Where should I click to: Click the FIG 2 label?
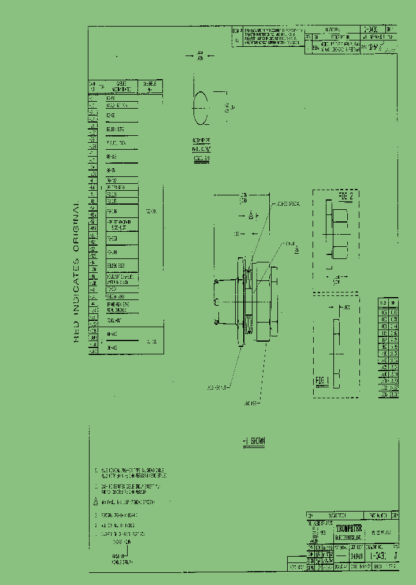(x=346, y=197)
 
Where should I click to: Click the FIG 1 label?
(x=322, y=380)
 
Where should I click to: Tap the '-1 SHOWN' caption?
(x=254, y=440)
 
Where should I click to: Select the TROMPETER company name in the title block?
(x=349, y=527)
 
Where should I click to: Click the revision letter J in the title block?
(x=395, y=556)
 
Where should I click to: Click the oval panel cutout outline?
(x=200, y=108)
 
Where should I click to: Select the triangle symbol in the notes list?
(x=97, y=502)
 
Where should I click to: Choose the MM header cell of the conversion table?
(x=393, y=302)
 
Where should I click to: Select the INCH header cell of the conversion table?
(x=383, y=302)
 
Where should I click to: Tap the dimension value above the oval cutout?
(x=200, y=56)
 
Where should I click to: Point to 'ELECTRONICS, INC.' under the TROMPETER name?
(x=349, y=536)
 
